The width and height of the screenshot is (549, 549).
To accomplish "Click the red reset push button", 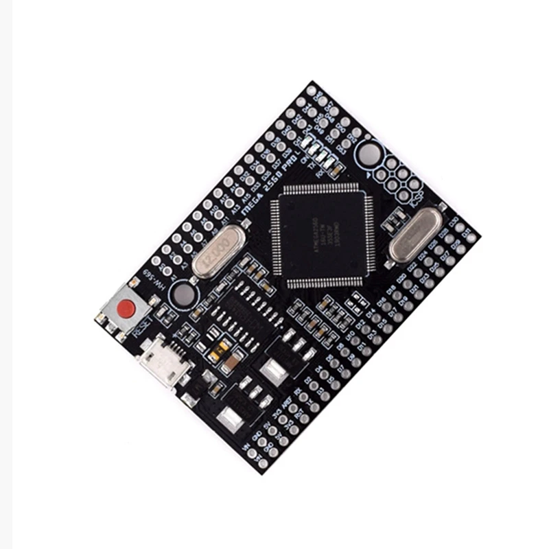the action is (x=126, y=310).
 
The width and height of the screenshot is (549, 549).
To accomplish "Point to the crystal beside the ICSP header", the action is (x=415, y=235).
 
